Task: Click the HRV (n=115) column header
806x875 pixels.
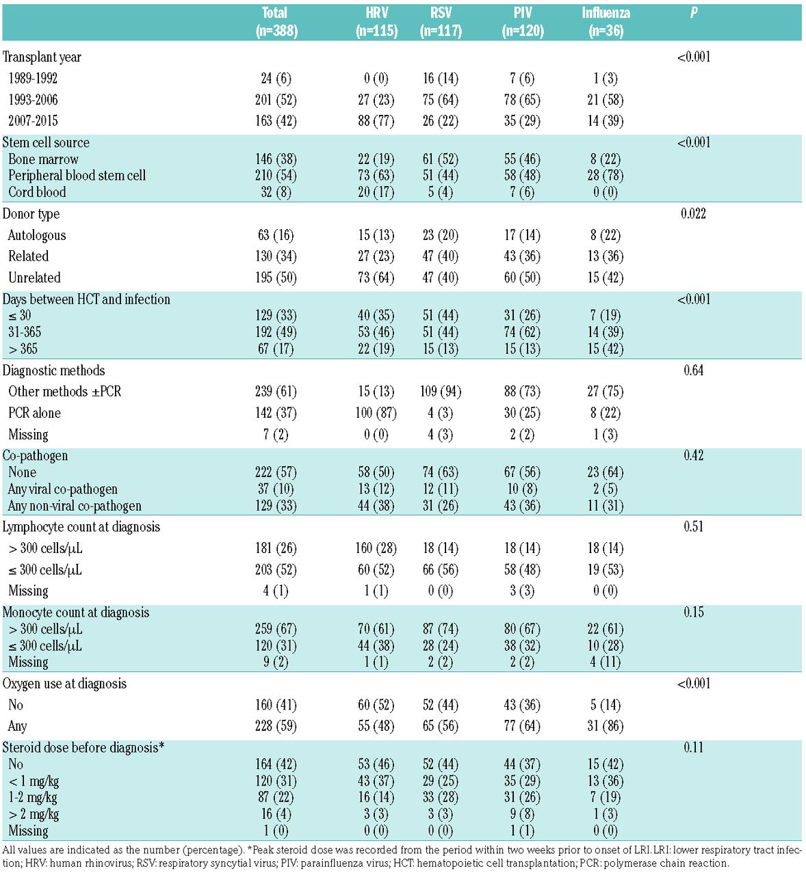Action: (376, 22)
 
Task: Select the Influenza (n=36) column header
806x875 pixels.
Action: (606, 22)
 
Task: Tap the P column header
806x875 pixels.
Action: (694, 13)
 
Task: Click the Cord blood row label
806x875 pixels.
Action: (37, 192)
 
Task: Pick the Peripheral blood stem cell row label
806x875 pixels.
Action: (77, 176)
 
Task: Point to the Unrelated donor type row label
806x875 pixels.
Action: (34, 278)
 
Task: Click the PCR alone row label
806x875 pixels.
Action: (34, 413)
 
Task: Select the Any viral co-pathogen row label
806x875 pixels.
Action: (62, 489)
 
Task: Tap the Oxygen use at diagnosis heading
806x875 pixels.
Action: (64, 684)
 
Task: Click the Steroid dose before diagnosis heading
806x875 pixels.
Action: (83, 748)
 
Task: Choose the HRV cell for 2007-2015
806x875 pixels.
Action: (376, 121)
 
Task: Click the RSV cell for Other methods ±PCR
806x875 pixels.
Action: (441, 392)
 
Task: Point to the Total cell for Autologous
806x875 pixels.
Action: (276, 235)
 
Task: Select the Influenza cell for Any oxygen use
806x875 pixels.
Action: (605, 726)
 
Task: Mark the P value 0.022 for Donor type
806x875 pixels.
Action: (694, 214)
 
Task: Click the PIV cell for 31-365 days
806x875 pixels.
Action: (522, 332)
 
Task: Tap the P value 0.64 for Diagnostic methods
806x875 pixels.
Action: (694, 371)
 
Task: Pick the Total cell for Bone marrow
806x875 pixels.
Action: (276, 159)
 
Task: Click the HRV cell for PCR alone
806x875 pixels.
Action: (376, 413)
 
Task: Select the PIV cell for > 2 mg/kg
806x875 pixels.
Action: (522, 814)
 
